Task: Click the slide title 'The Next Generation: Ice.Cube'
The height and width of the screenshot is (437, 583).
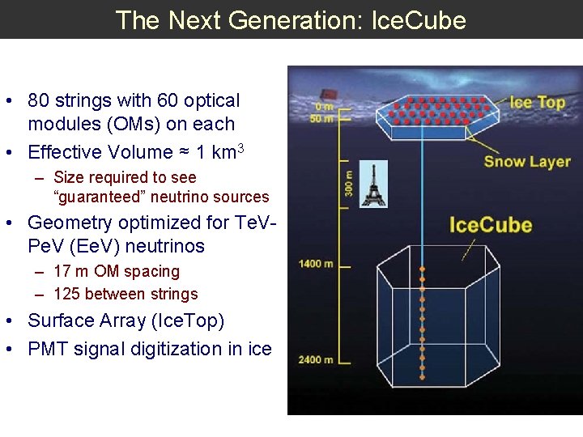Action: click(291, 19)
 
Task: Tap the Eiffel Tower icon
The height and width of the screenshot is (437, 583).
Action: click(373, 185)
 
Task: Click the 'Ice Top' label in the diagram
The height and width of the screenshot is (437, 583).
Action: click(538, 102)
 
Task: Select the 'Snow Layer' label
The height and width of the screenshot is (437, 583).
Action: click(527, 161)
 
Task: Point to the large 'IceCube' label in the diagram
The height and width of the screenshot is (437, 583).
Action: click(491, 224)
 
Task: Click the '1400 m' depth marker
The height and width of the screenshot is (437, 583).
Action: click(316, 264)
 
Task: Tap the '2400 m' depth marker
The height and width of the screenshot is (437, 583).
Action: click(316, 359)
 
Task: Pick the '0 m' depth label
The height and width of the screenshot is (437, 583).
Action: click(323, 107)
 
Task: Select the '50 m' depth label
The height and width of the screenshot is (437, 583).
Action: click(321, 119)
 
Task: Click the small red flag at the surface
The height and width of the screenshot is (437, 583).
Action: click(327, 92)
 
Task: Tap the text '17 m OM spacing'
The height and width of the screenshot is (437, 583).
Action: click(117, 271)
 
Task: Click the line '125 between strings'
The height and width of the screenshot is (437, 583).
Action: click(126, 294)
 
